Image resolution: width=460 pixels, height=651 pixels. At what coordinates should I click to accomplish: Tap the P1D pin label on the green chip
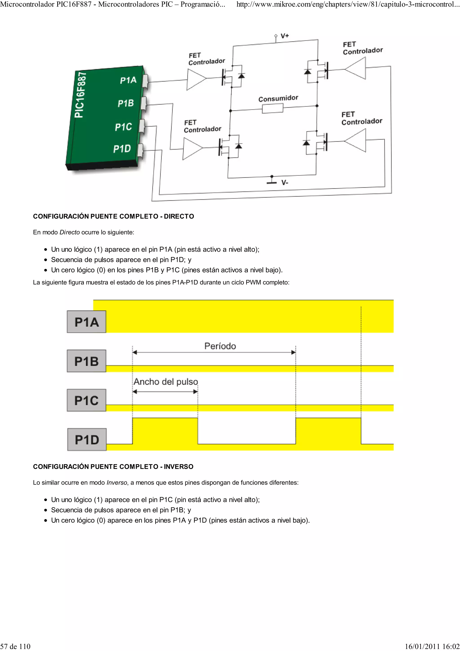122,148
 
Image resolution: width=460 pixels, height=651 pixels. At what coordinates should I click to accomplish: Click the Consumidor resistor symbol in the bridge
272,108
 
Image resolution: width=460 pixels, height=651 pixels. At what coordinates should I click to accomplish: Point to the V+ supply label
285,36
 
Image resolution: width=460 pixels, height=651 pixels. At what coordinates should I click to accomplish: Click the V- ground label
285,183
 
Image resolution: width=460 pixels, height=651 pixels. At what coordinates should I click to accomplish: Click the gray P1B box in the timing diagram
86,361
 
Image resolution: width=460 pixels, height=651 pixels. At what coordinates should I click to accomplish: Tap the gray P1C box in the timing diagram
86,400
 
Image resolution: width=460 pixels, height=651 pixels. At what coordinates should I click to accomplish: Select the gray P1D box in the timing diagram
87,439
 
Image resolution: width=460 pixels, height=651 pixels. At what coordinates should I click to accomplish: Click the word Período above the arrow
220,346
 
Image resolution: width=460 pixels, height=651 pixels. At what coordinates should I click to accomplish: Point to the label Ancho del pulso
166,382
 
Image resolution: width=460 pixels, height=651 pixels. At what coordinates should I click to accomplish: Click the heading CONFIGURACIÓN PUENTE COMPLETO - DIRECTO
113,216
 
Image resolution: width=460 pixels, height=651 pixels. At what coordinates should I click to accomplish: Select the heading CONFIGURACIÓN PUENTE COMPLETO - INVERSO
113,467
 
